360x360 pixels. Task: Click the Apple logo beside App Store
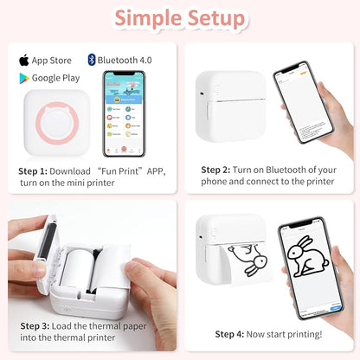[23, 61]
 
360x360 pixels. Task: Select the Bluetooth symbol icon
[91, 61]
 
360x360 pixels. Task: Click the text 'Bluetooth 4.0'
[120, 61]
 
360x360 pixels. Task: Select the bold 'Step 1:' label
[35, 170]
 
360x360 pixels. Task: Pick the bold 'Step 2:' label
[217, 170]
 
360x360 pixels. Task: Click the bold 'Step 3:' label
[37, 326]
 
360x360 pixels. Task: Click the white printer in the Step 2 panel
[230, 107]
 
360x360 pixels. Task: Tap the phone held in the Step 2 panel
[303, 108]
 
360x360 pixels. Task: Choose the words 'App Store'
[51, 61]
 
